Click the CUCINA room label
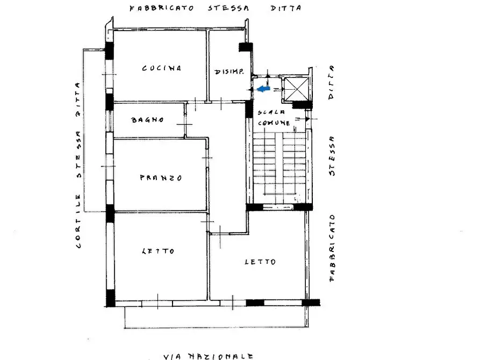tap(161, 68)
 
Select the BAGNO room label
tap(147, 120)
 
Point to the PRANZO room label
tap(161, 178)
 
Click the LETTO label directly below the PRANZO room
tap(158, 251)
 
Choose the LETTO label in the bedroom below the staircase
tap(260, 262)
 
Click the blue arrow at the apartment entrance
tap(263, 89)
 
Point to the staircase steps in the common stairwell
tap(279, 167)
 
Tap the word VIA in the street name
tap(173, 356)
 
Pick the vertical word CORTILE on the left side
tap(78, 226)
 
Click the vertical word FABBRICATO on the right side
tap(332, 248)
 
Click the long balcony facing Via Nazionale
tap(217, 317)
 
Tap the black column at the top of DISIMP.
tap(245, 47)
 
